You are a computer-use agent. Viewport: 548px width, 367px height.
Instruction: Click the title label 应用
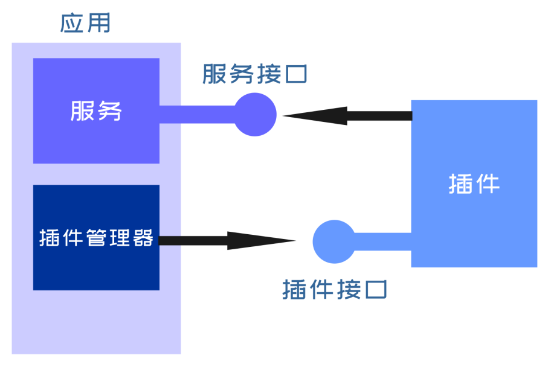pyautogui.click(x=85, y=23)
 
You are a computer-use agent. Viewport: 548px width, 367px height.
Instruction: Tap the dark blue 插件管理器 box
pyautogui.click(x=96, y=266)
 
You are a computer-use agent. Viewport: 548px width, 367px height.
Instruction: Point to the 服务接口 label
pyautogui.click(x=255, y=74)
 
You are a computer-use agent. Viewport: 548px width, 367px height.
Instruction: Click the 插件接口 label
pyautogui.click(x=334, y=290)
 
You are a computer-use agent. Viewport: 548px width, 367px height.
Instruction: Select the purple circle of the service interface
pyautogui.click(x=255, y=115)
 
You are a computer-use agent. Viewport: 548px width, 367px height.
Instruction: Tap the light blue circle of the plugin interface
pyautogui.click(x=334, y=241)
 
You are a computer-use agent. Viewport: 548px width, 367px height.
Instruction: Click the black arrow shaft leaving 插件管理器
pyautogui.click(x=193, y=241)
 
